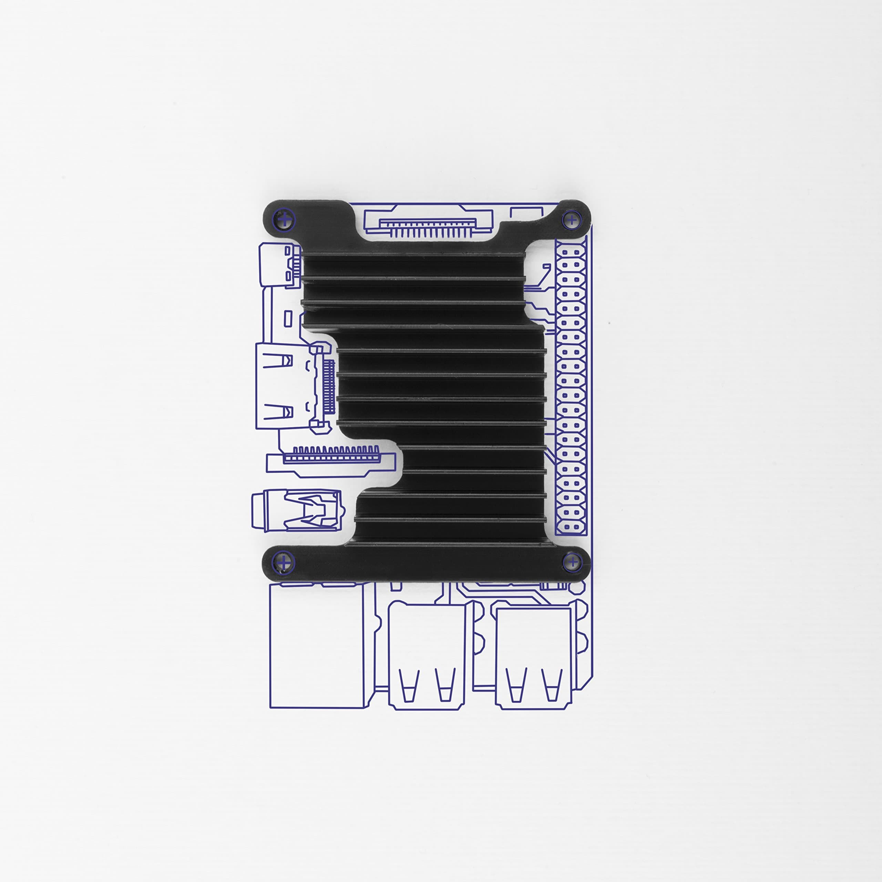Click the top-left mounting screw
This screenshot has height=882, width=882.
[284, 220]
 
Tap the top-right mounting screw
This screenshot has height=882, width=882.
[571, 220]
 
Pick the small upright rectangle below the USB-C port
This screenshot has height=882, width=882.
[288, 319]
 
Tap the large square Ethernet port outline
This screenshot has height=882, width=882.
[317, 645]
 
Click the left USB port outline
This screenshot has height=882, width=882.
[427, 656]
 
